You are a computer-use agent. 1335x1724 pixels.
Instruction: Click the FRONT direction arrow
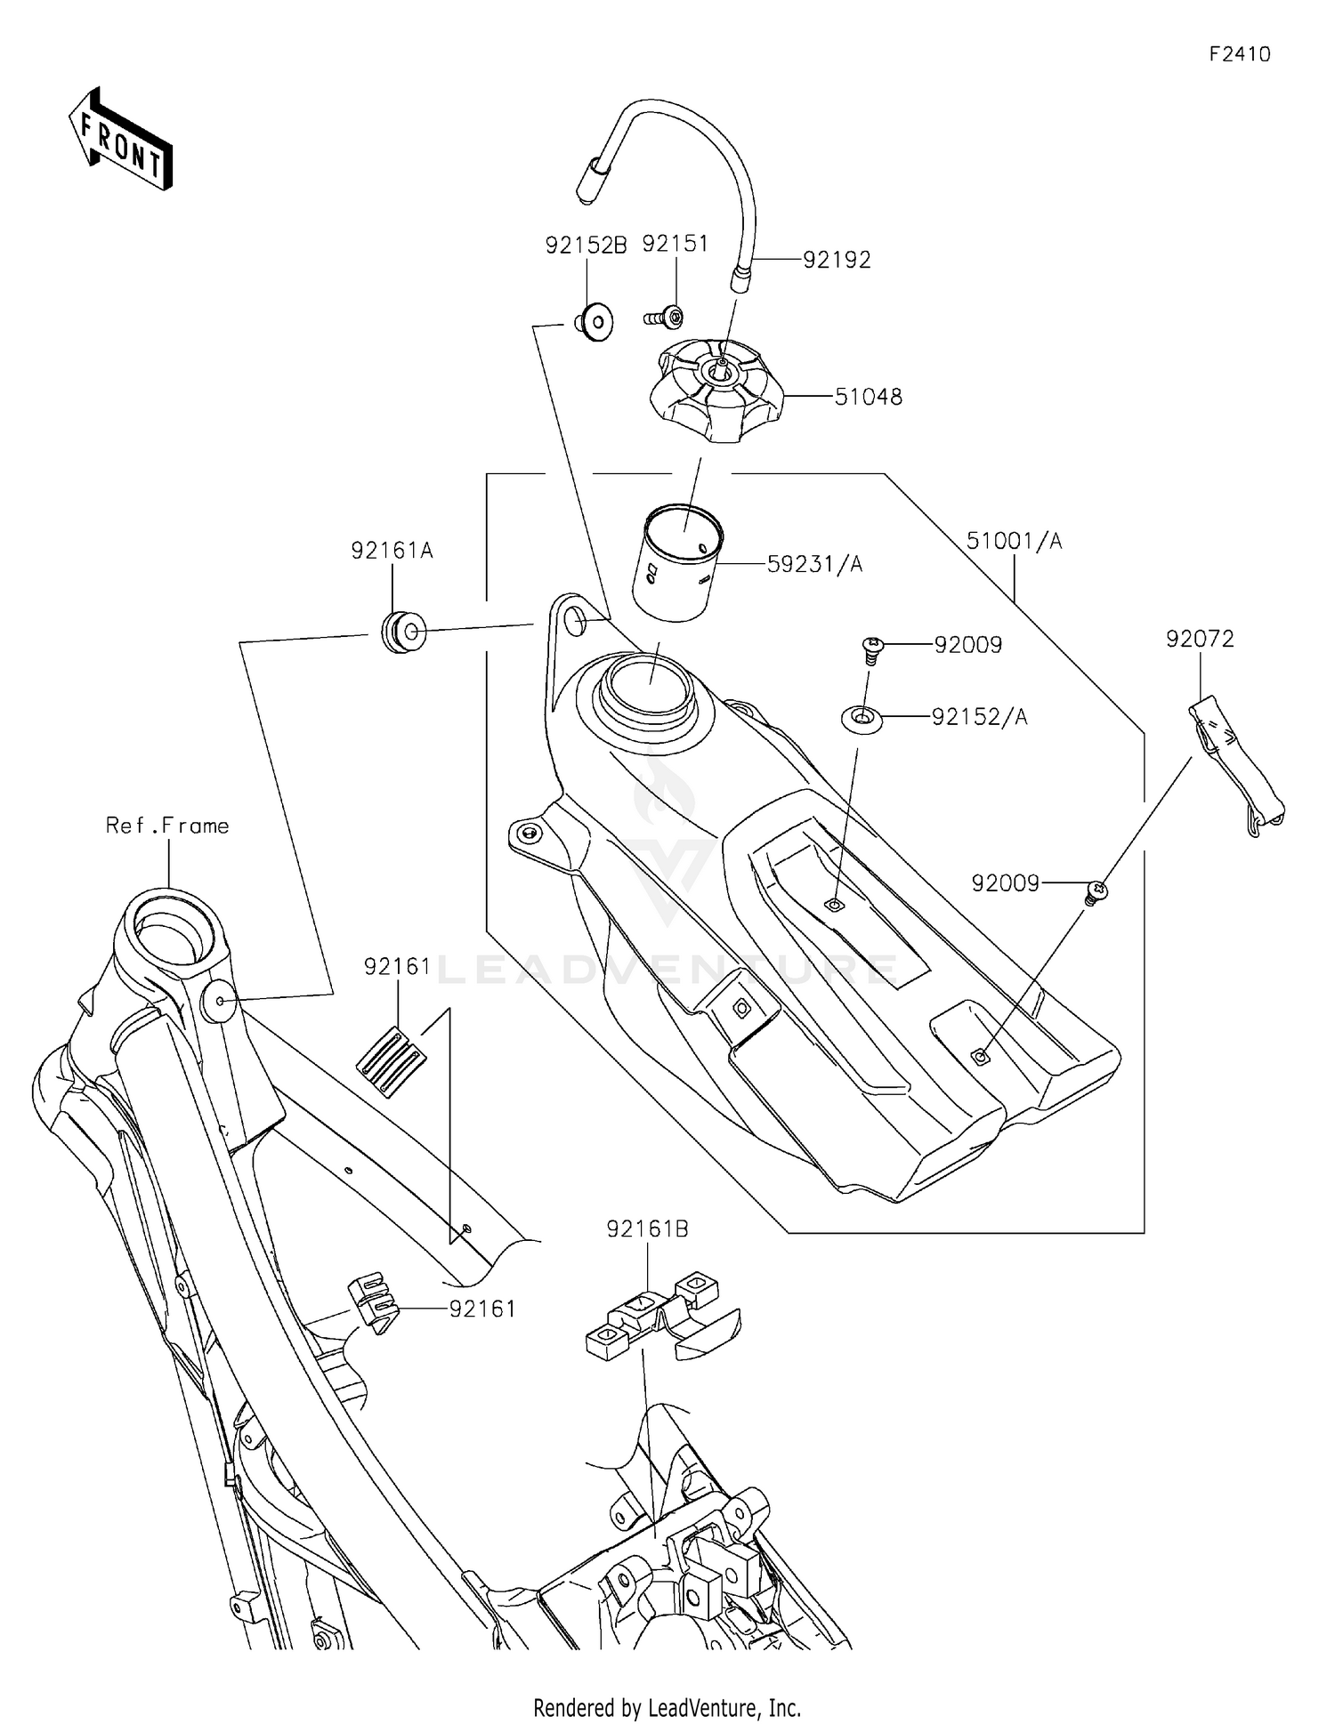pyautogui.click(x=120, y=140)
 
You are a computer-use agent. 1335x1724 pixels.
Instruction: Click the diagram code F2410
pyautogui.click(x=1239, y=54)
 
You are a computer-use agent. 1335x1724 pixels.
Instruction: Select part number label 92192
pyautogui.click(x=837, y=260)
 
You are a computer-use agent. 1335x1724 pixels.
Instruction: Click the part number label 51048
pyautogui.click(x=868, y=397)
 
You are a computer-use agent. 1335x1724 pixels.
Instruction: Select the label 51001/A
pyautogui.click(x=1014, y=541)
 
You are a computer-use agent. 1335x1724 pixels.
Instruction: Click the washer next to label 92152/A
pyautogui.click(x=862, y=718)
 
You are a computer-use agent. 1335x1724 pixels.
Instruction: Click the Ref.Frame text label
pyautogui.click(x=167, y=826)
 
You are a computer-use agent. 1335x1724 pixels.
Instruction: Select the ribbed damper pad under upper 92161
pyautogui.click(x=391, y=1061)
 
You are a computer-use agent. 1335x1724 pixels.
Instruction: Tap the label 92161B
pyautogui.click(x=647, y=1229)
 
